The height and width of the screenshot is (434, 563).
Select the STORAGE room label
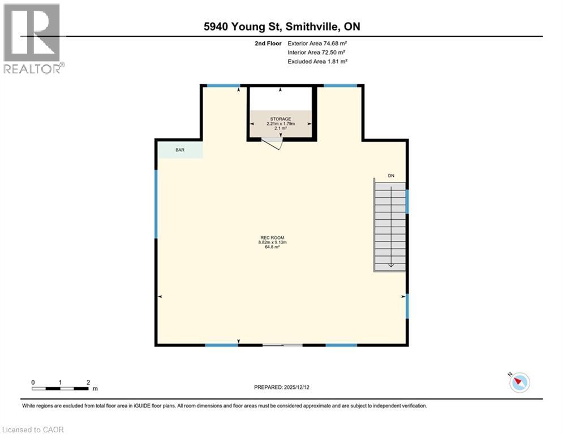point(280,119)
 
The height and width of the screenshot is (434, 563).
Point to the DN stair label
point(390,176)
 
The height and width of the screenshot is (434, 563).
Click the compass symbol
point(519,383)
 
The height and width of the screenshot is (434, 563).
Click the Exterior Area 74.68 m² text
point(317,43)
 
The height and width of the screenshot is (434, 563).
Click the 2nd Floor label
point(268,43)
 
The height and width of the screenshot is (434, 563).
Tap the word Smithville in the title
point(315,27)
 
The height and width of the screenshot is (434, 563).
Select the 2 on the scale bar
point(88,382)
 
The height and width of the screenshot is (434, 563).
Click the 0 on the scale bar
point(33,382)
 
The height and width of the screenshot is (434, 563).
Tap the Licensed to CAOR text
point(33,429)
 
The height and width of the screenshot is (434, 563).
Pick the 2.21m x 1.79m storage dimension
point(280,123)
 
